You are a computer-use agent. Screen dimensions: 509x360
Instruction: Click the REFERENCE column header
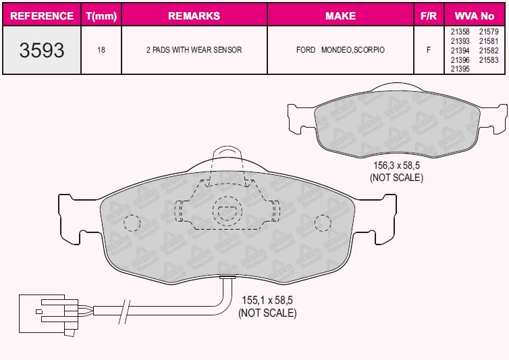click(42, 16)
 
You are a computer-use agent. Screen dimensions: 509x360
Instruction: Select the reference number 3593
click(42, 51)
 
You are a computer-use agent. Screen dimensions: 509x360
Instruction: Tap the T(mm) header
click(101, 16)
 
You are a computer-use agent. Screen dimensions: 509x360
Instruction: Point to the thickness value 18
click(101, 50)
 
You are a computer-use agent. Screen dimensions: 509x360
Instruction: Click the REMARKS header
click(194, 16)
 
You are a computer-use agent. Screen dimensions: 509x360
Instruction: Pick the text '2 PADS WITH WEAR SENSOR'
click(194, 50)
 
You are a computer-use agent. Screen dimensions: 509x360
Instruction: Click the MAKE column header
click(340, 16)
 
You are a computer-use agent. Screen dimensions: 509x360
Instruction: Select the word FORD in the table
click(306, 50)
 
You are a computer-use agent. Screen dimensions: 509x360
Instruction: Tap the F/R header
click(429, 16)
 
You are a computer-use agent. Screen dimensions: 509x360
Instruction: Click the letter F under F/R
click(429, 50)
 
